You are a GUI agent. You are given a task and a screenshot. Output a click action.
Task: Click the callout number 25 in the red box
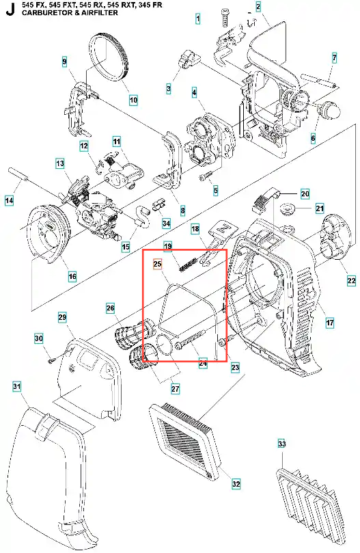(158, 263)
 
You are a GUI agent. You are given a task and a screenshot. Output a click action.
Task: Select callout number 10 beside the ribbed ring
(133, 100)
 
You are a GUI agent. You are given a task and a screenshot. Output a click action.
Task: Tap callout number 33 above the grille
(281, 444)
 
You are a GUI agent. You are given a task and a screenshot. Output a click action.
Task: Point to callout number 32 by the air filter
(236, 484)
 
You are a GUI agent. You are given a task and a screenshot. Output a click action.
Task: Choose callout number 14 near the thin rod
(10, 201)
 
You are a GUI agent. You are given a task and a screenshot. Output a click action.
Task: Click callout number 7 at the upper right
(334, 58)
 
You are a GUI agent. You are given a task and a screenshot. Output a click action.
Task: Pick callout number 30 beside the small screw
(39, 338)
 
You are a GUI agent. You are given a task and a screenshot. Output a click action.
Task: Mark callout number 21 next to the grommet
(320, 208)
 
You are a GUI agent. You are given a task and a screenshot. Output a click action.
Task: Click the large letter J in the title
(10, 10)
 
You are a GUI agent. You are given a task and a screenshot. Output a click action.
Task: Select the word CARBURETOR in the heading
(41, 13)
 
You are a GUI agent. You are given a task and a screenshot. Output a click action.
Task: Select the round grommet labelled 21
(287, 208)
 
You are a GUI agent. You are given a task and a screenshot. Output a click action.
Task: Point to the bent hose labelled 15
(141, 216)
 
